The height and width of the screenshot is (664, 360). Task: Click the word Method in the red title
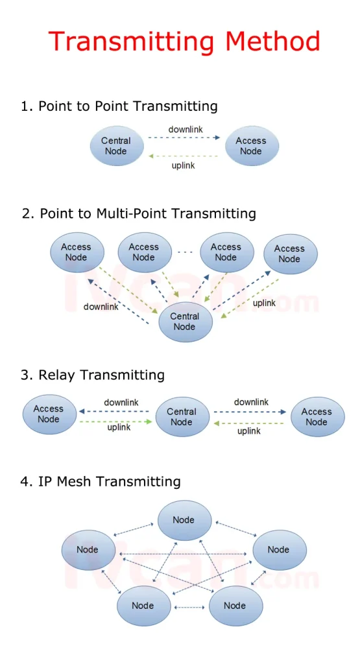pos(272,41)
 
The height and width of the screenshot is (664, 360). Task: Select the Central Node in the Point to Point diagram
pos(115,146)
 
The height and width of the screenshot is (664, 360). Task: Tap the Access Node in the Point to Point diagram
pos(251,146)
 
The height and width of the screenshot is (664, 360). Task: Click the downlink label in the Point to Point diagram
pos(186,130)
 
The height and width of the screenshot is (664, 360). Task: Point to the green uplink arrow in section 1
pos(184,156)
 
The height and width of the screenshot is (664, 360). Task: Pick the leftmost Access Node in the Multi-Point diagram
pos(77,252)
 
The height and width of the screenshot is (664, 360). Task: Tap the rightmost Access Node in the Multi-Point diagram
pos(289,254)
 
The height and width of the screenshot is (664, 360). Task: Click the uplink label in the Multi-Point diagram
pos(264,303)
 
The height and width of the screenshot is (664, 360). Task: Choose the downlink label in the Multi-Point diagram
pos(101,307)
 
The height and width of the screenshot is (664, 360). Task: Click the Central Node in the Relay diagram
pos(182,417)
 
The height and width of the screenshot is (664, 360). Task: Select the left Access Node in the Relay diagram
pos(49,414)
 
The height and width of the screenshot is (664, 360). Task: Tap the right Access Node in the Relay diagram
pos(317,417)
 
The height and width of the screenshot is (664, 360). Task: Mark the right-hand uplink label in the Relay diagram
pos(248,431)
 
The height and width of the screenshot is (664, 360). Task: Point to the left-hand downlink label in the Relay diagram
pos(121,403)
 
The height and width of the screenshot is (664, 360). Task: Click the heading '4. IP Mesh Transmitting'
pos(101,482)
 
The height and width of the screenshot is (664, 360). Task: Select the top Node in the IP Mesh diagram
pos(184,520)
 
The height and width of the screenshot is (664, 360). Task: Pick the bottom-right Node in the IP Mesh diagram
pos(235,606)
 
